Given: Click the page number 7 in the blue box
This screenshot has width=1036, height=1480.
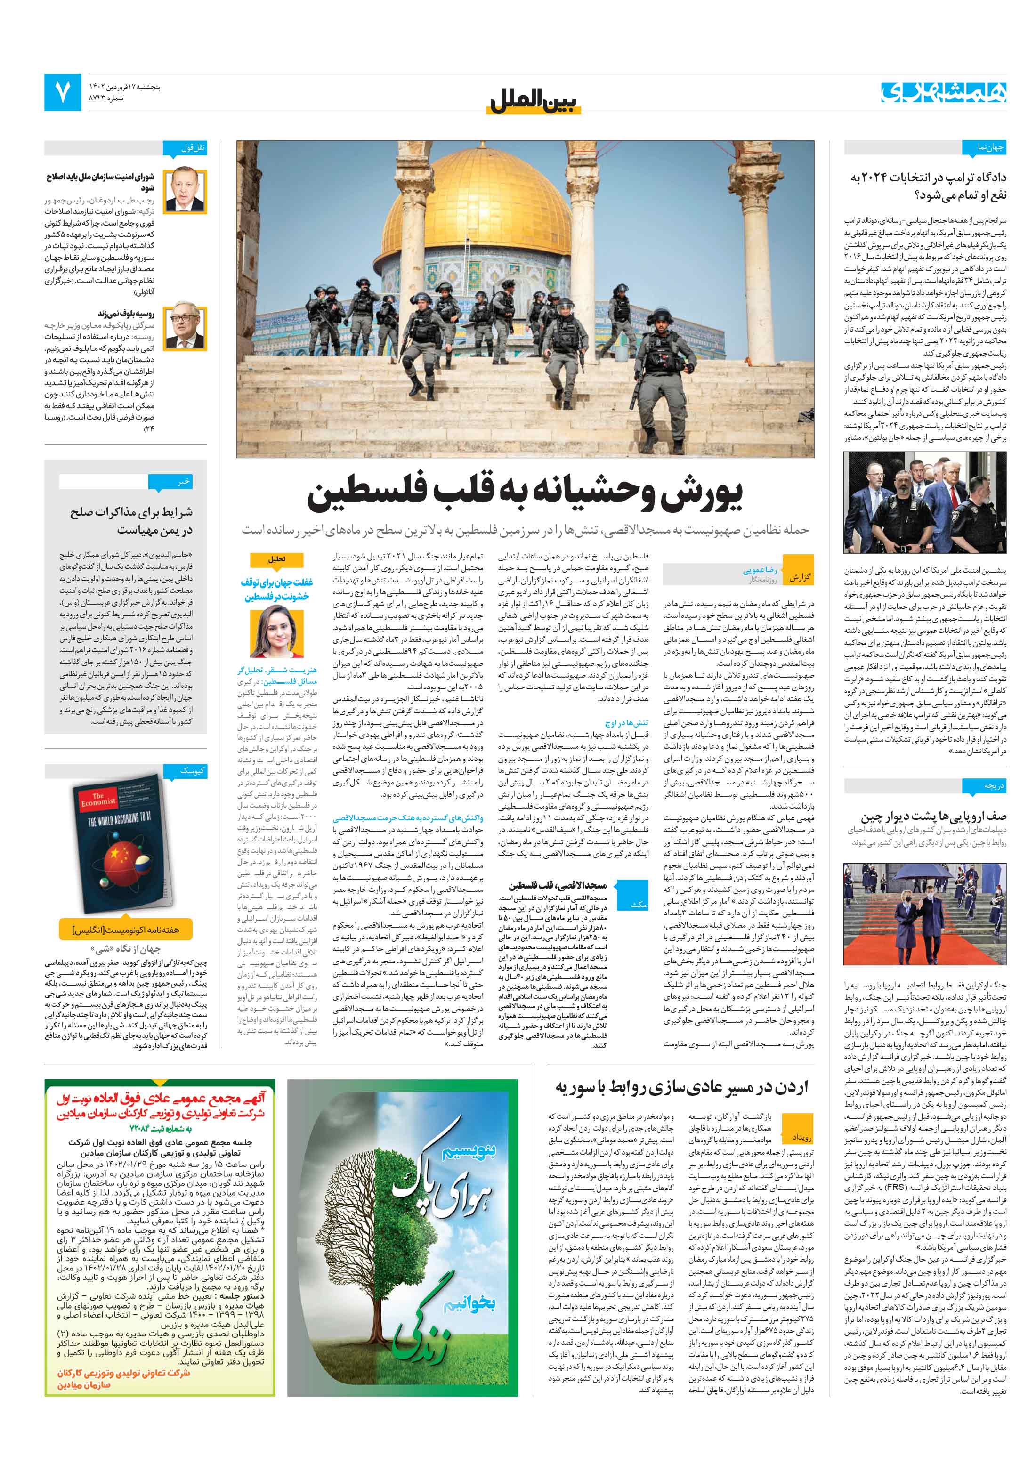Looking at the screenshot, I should coord(63,92).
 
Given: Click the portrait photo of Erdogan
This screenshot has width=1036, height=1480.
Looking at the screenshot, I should coord(186,192).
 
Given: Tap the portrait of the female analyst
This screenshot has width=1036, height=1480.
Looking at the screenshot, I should coord(276,632).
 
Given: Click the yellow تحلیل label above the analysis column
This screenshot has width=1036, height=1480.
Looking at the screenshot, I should coord(276,559).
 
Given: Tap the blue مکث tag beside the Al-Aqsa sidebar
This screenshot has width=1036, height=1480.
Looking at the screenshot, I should coord(638,906).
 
